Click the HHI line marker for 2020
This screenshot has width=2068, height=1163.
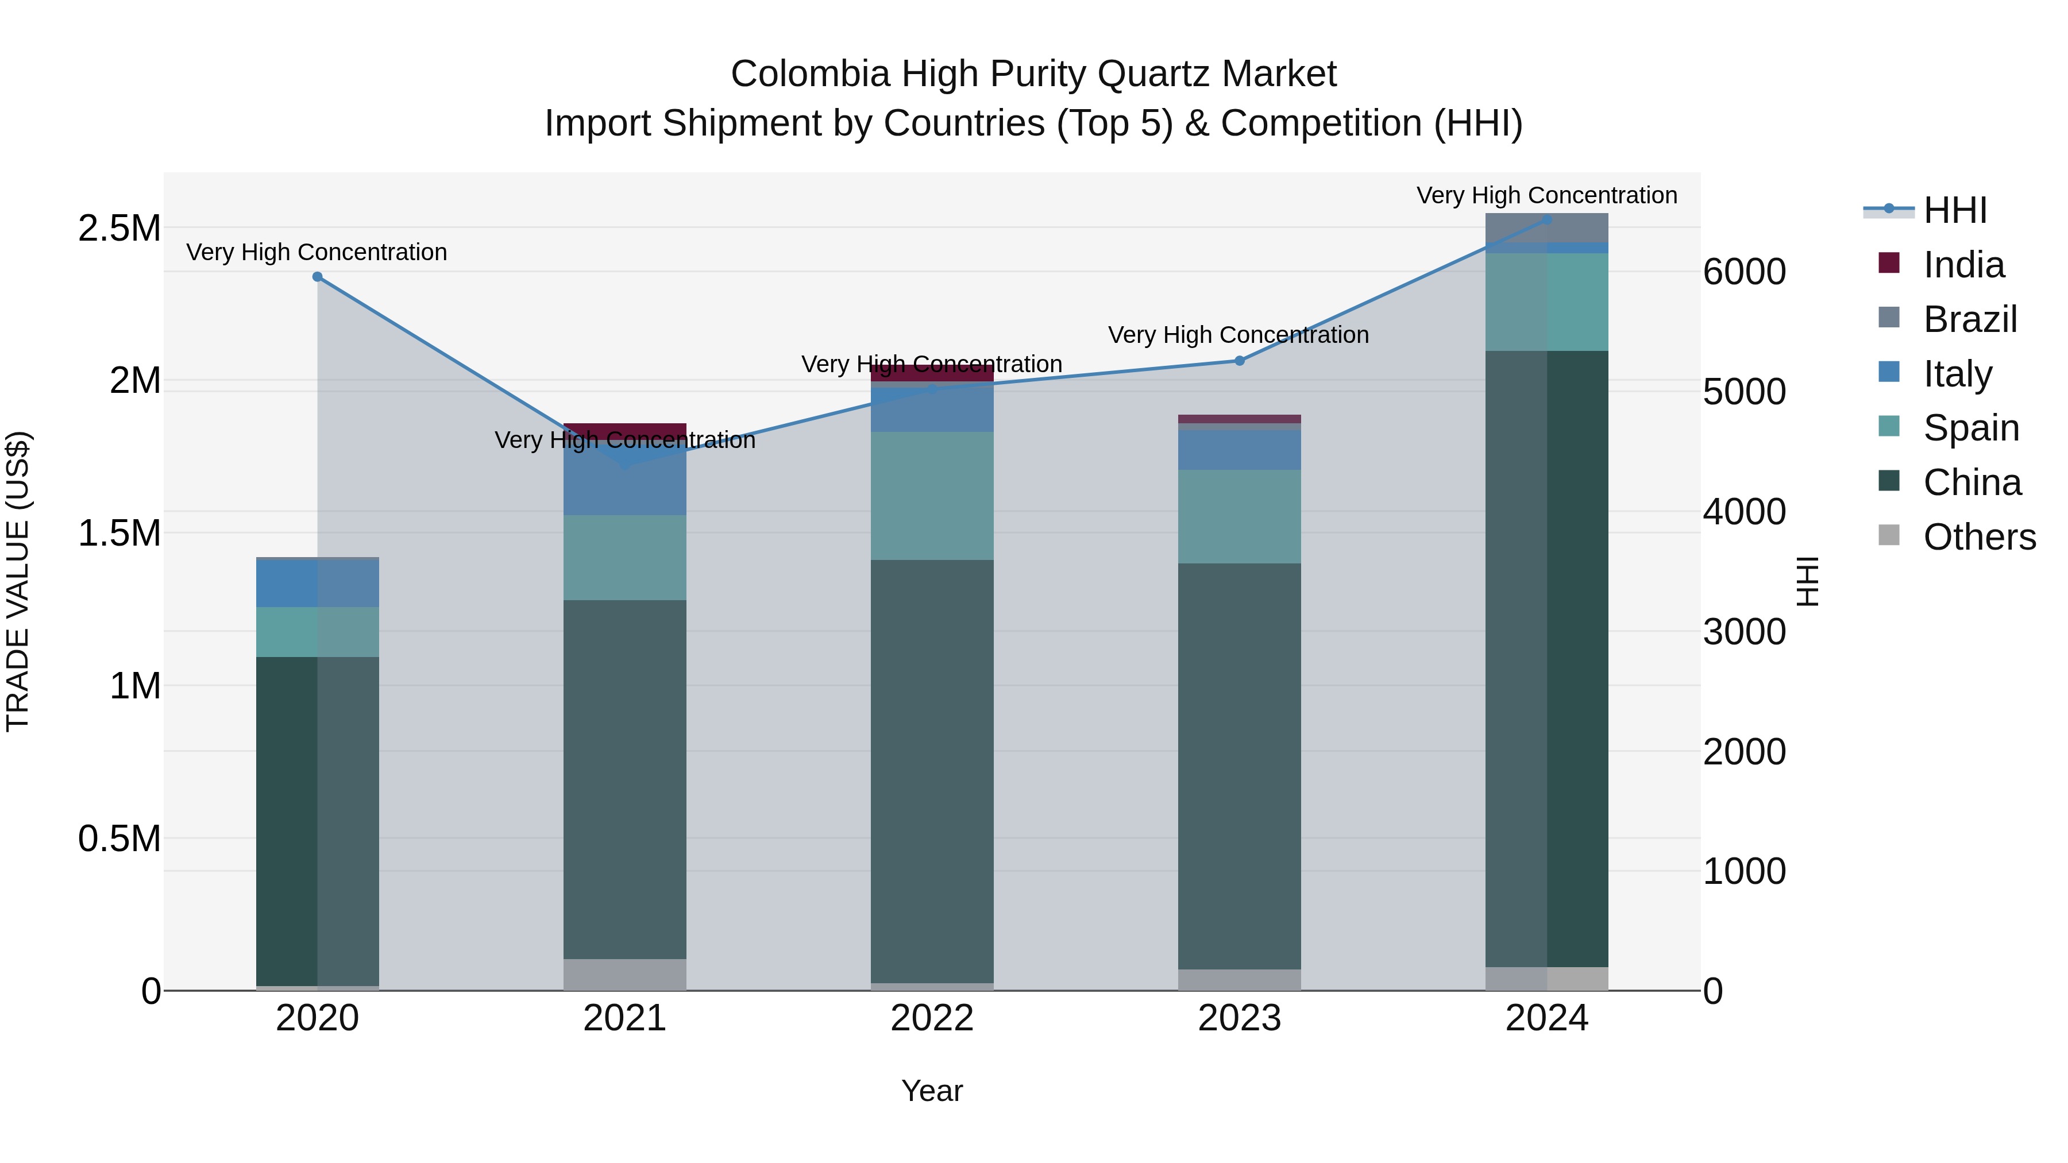coord(317,277)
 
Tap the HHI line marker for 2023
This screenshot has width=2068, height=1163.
coord(1239,361)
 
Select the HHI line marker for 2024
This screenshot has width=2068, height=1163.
coord(1547,220)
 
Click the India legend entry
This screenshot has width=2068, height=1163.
coord(1963,265)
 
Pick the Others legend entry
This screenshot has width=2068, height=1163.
coord(1979,537)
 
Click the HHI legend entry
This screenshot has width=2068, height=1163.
coord(1955,210)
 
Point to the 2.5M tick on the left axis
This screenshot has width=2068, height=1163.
coord(119,229)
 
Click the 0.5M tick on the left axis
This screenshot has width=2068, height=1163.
coord(119,839)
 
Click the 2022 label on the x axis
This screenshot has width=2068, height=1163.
coord(932,1018)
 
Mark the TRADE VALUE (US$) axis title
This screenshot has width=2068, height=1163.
coord(18,581)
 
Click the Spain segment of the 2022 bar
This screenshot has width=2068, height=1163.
coord(932,496)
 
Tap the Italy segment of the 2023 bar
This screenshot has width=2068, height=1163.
coord(1239,450)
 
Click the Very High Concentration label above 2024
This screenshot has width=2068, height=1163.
coord(1546,196)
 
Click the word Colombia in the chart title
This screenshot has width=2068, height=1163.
coord(810,75)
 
